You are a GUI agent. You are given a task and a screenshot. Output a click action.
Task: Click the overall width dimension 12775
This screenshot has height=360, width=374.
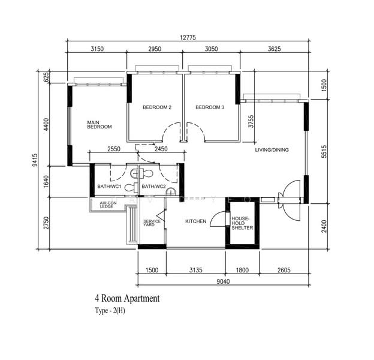[188, 37]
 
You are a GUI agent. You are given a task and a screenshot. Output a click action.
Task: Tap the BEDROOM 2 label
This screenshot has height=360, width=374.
[157, 107]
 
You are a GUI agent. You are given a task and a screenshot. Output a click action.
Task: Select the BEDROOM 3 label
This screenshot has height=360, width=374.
[210, 107]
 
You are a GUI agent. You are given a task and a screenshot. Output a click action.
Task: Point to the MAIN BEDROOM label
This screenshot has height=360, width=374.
[99, 125]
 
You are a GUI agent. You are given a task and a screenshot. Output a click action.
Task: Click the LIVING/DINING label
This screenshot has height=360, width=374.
[272, 150]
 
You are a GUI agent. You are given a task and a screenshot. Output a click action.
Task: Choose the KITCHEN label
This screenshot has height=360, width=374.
[196, 221]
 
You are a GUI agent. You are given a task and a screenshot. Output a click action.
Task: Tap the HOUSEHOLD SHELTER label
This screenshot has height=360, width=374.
[242, 223]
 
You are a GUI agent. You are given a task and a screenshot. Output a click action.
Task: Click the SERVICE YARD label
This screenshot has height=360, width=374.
[152, 223]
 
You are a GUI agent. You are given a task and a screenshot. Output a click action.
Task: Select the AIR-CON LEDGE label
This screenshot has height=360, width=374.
[108, 205]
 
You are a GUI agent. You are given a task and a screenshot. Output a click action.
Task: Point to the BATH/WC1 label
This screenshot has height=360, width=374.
[110, 187]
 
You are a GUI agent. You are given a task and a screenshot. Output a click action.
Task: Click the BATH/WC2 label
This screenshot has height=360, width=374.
[153, 187]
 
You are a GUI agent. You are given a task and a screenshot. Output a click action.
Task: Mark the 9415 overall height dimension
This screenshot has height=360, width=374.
[35, 160]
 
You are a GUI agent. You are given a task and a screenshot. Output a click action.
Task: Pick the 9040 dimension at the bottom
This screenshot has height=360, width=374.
[223, 281]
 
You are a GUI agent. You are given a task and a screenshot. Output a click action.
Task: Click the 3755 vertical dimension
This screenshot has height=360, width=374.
[251, 122]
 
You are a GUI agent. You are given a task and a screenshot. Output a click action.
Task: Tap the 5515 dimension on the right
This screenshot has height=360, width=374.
[324, 151]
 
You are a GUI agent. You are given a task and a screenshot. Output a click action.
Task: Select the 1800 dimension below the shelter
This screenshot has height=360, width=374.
[242, 270]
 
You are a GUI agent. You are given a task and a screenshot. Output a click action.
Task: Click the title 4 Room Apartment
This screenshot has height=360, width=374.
[127, 298]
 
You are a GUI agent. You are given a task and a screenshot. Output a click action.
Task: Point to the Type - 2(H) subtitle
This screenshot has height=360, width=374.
[110, 311]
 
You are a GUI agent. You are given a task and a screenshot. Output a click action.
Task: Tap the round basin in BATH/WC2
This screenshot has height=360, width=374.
[171, 191]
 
